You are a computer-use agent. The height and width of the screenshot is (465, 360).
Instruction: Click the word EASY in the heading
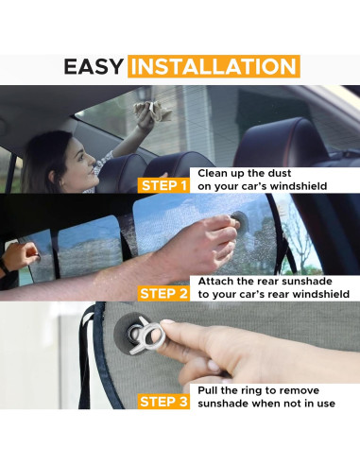pyautogui.click(x=93, y=66)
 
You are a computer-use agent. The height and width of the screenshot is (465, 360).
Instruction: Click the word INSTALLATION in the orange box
pyautogui.click(x=214, y=66)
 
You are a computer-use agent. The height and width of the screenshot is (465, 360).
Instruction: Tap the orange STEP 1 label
pyautogui.click(x=163, y=185)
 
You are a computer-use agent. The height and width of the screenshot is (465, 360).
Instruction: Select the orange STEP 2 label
pyautogui.click(x=163, y=294)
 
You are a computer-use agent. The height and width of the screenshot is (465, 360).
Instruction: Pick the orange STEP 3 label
pyautogui.click(x=163, y=402)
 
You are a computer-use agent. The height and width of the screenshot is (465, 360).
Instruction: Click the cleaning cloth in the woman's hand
pyautogui.click(x=153, y=111)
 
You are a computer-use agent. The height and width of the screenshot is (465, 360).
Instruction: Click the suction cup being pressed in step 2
pyautogui.click(x=240, y=222)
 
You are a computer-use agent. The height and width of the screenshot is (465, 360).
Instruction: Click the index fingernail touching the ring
pyautogui.click(x=167, y=322)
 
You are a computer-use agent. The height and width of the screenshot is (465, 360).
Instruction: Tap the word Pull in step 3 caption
pyautogui.click(x=208, y=390)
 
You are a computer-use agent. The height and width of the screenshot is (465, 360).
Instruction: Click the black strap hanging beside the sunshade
pyautogui.click(x=85, y=356)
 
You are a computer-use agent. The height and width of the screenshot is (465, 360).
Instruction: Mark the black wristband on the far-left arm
pyautogui.click(x=4, y=267)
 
